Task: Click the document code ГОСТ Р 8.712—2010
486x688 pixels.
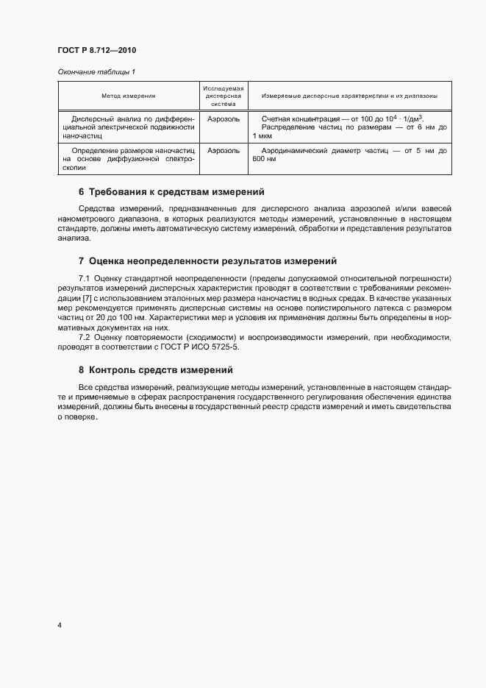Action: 97,51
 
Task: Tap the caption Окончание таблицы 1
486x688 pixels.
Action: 96,71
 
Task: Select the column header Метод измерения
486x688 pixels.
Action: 129,96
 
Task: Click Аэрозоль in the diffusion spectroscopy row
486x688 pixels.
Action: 224,150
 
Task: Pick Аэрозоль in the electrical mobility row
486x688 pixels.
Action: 224,118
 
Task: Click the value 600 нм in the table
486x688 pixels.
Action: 264,159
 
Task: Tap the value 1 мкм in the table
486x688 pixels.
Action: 262,136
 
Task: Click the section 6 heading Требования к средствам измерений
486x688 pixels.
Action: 176,192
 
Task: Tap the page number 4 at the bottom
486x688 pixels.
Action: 59,625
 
